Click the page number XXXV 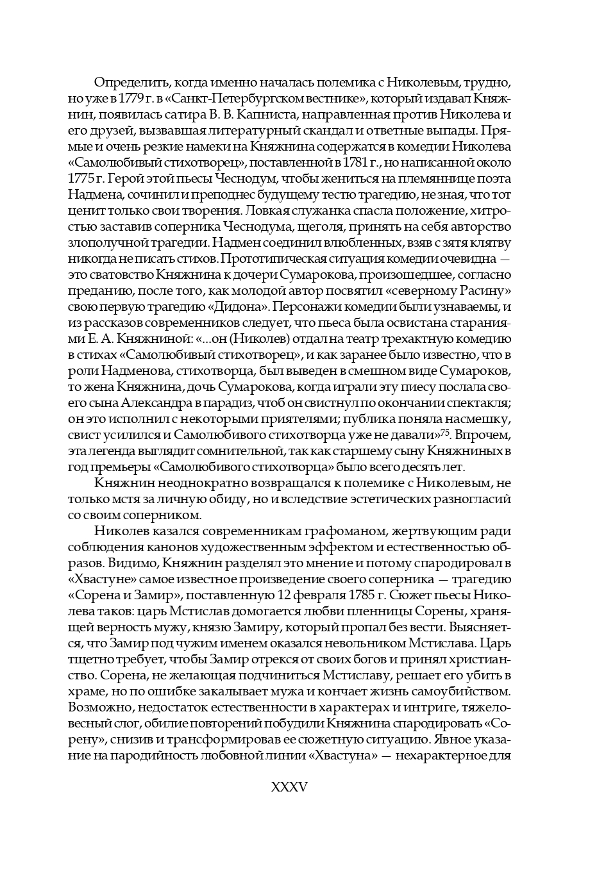coord(290,787)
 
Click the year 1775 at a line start coord(80,179)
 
